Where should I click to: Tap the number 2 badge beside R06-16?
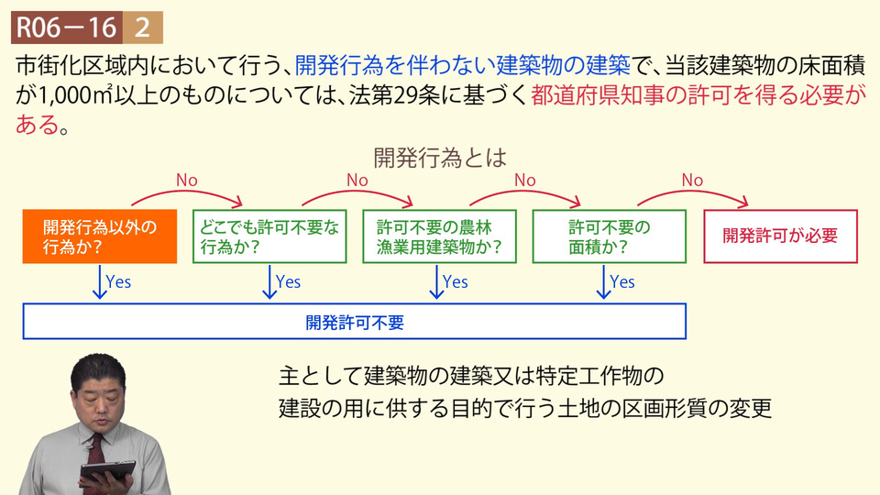142,27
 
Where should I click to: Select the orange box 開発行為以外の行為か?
99,236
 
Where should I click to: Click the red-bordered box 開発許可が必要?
780,236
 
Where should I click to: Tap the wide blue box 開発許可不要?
354,322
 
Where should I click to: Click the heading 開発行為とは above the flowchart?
439,158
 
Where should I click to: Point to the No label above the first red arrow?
186,181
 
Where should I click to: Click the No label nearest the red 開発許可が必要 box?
692,181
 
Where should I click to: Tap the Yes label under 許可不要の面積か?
621,281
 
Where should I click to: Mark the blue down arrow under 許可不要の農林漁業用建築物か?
436,282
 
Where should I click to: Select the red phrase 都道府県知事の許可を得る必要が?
697,95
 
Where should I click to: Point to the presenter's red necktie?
95,449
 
